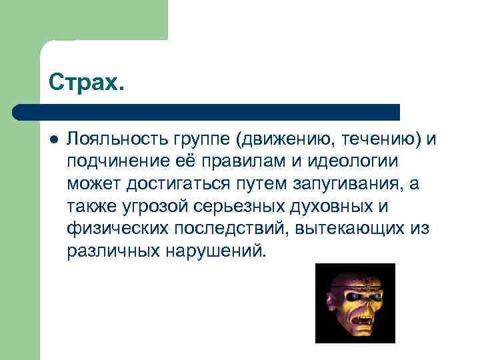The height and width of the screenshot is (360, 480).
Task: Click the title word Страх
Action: [x=86, y=84]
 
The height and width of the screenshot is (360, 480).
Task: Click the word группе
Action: [x=202, y=139]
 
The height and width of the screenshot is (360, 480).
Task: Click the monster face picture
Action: [x=355, y=303]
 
